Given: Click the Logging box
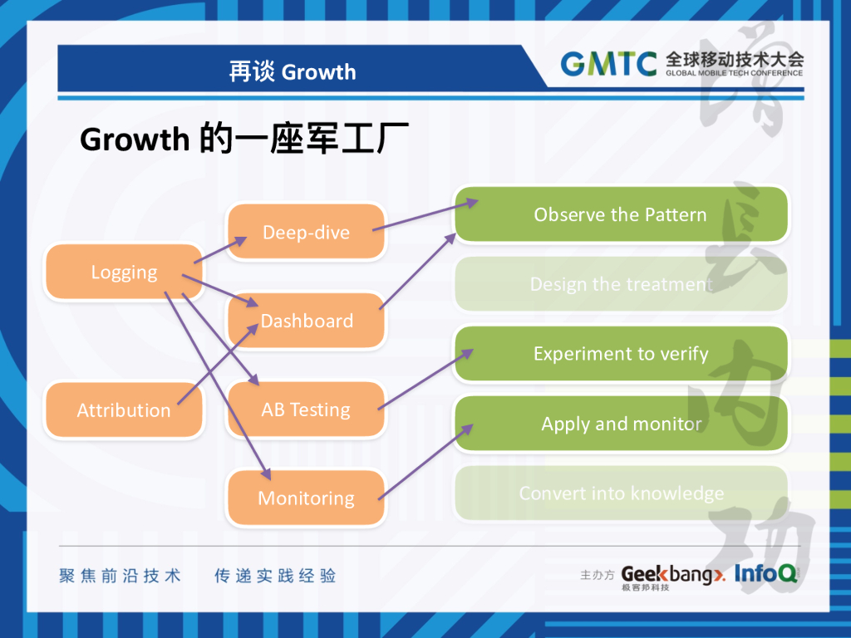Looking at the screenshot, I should coord(124,272).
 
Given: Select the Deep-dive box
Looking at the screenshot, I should coord(306,232).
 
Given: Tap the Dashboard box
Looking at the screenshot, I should coord(306,321).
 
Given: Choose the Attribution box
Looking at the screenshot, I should coord(124,410).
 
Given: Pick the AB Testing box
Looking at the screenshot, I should coord(306,410).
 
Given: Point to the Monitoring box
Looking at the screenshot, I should coord(306,498).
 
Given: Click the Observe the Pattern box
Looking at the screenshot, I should coord(620,214).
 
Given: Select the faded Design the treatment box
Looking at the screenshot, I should coord(620,284).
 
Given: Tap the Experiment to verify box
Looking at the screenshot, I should coord(620,354).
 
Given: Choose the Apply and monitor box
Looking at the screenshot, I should coord(620,424).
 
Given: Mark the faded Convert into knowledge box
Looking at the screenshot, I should coord(620,493).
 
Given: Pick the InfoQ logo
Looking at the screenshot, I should coord(765,573).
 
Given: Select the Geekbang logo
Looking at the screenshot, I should coord(671,575).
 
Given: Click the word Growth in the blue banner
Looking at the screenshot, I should coord(318,72).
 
